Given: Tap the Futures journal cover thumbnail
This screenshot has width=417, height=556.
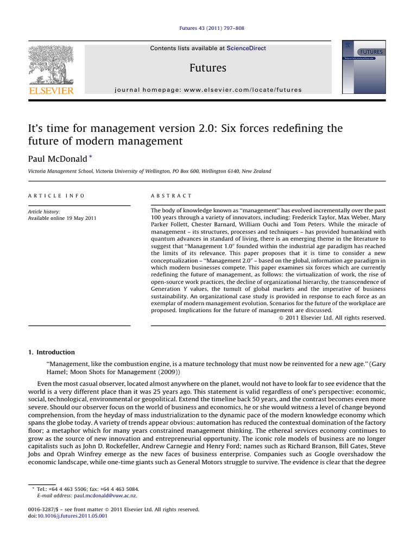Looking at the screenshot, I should click(x=363, y=67).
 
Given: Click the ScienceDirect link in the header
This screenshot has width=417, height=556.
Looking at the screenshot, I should click(x=247, y=48).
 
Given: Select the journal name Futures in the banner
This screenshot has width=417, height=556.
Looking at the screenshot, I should click(x=208, y=68).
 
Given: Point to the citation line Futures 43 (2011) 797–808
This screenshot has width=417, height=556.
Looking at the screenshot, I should click(x=208, y=28).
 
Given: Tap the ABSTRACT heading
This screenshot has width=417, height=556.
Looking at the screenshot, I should click(x=171, y=195).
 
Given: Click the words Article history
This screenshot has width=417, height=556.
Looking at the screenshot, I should click(x=44, y=212).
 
